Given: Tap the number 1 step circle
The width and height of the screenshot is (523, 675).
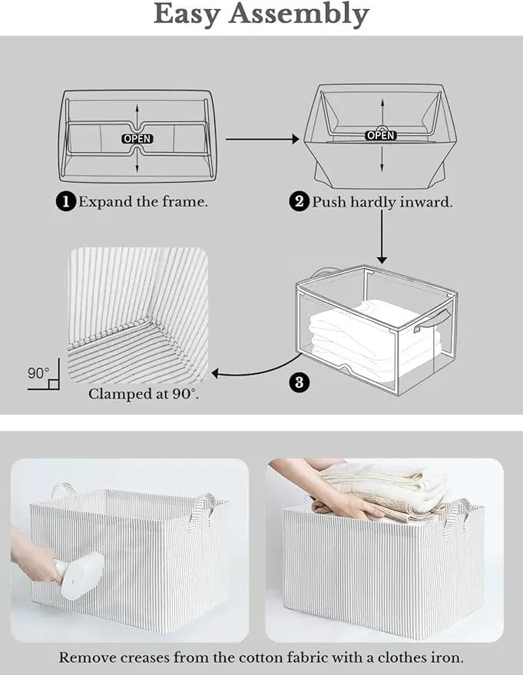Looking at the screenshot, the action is point(66,201).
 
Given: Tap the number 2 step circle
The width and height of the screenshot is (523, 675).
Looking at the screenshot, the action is point(299,201).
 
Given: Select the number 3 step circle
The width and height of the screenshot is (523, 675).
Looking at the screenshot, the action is point(300,382).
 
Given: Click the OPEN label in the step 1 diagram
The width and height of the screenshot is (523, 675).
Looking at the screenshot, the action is point(137,139).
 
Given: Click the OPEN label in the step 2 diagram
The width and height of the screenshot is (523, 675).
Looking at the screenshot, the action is point(380,136).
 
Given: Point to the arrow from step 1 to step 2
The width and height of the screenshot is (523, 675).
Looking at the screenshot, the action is point(262,139).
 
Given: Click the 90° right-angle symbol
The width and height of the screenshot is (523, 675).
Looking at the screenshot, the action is point(44,375).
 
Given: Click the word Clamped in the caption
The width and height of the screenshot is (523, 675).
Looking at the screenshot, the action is point(114,393).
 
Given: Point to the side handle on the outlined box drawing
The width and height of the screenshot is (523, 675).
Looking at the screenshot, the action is point(432,321).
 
